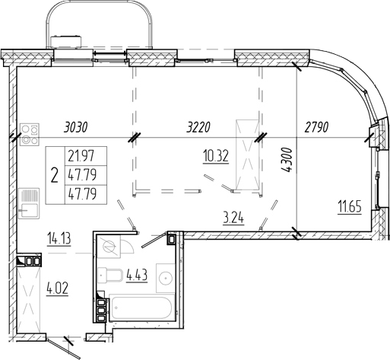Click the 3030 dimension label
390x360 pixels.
76,127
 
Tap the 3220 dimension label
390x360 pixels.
198,127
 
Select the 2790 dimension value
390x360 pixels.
316,127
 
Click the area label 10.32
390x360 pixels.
216,156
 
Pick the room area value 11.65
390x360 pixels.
350,207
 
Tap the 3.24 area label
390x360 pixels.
233,218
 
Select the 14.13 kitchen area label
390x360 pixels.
59,239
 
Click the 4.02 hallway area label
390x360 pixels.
57,289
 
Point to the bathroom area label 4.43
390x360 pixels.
137,275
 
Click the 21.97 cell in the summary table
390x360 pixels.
81,156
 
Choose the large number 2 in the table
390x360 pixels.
55,176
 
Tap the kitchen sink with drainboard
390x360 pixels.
30,203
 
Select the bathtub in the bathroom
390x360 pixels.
141,307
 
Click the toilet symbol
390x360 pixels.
110,275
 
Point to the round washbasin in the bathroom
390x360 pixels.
166,278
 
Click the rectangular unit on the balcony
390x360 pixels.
66,42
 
